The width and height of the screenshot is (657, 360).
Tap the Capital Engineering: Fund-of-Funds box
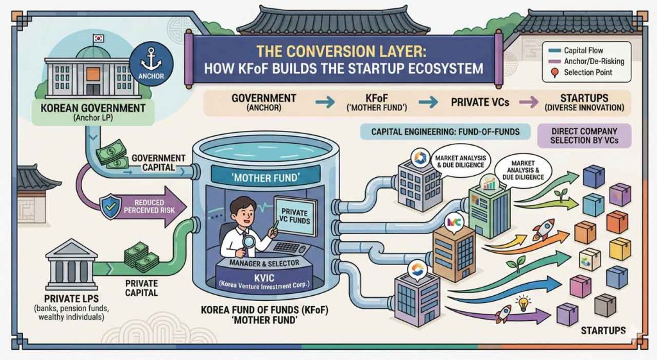(444, 132)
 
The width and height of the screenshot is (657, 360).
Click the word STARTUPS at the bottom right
(602, 330)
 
